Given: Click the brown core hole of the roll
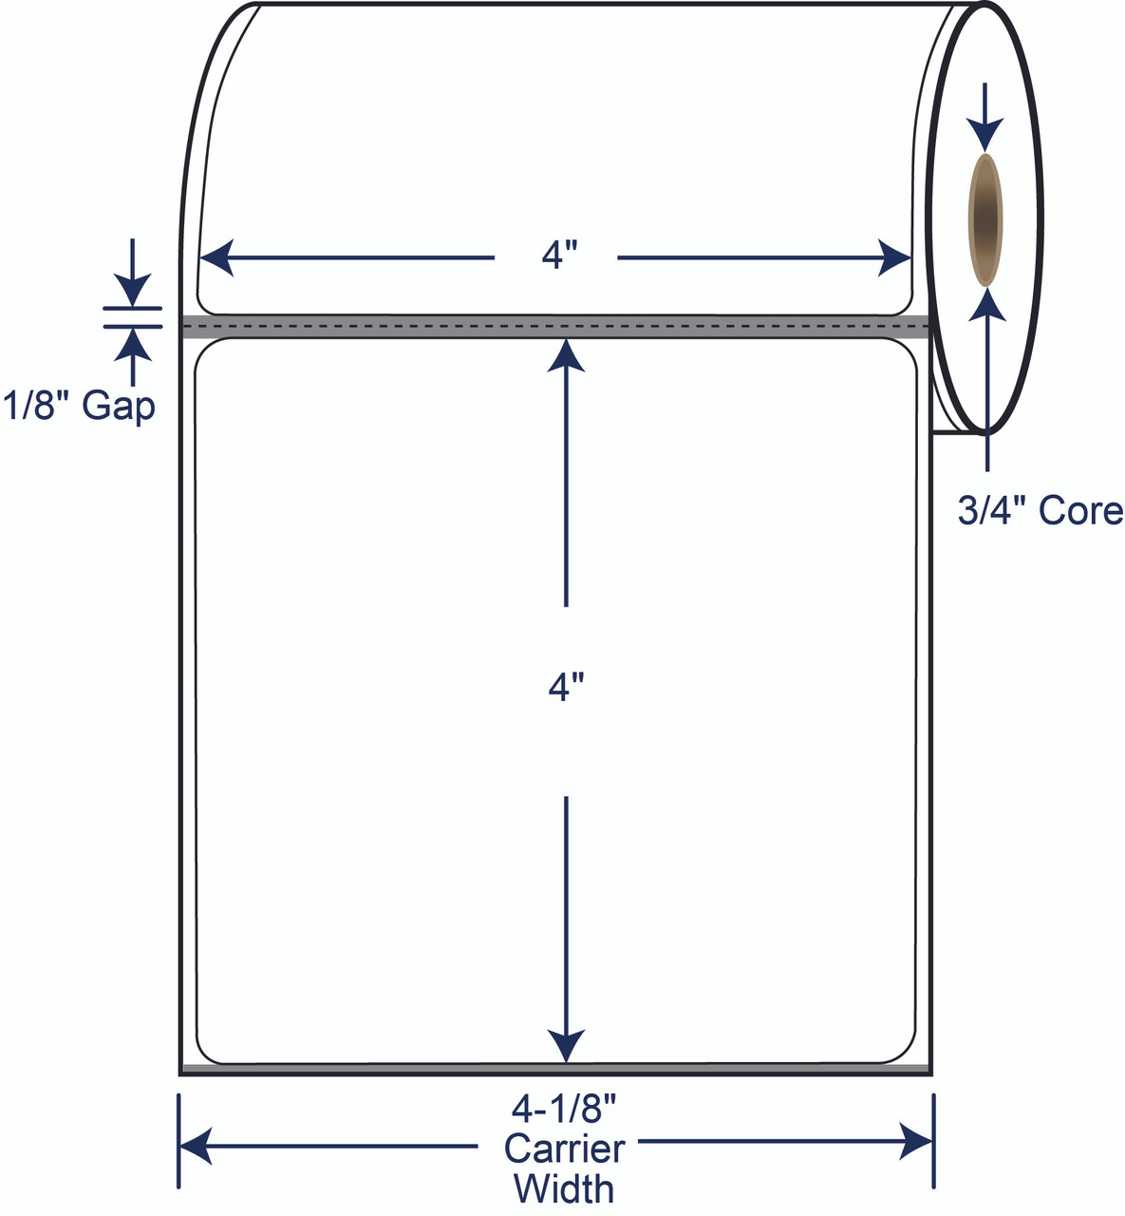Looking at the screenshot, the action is [x=984, y=219].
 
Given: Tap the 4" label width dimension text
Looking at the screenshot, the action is [x=559, y=256].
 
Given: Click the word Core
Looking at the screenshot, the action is [x=1080, y=511].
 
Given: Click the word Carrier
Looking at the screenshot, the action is [x=564, y=1149].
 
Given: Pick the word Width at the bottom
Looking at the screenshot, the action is [x=564, y=1189].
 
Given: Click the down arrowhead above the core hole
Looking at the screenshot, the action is [x=984, y=135].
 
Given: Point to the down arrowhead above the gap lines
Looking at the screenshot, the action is [x=133, y=290].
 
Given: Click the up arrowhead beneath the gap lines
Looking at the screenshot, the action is [x=133, y=344].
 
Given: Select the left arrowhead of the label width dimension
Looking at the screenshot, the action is [x=217, y=257].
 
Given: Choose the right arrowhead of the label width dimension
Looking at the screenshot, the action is [x=894, y=257].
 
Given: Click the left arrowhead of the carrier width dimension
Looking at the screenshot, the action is [x=196, y=1144].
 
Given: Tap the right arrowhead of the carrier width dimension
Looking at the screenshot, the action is [x=916, y=1142].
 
